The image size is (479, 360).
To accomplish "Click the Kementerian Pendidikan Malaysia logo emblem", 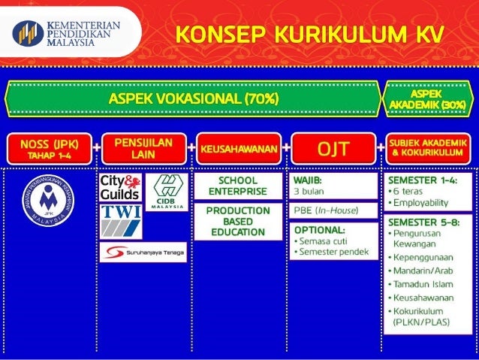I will (x=28, y=33).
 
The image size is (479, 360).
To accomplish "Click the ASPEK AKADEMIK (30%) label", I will (x=427, y=98).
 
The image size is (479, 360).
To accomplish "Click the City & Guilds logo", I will (x=120, y=188).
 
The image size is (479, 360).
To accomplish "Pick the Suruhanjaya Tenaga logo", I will (x=143, y=252).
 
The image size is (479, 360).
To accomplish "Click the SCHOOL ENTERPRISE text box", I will (x=237, y=186).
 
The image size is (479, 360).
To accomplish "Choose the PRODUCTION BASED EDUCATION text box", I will (x=237, y=222).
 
